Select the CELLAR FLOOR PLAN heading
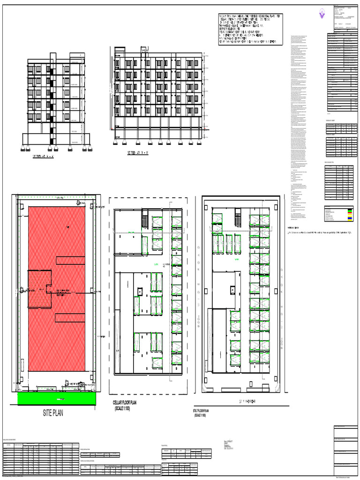[131, 403]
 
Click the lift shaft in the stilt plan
[232, 291]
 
